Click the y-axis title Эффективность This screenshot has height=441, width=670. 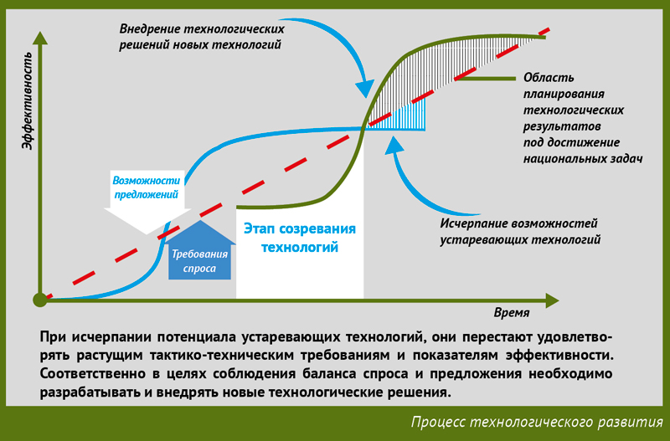[27, 100]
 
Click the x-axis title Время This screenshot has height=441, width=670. [512, 313]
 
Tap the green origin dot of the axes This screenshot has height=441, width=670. [39, 300]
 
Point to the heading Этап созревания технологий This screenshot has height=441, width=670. [300, 238]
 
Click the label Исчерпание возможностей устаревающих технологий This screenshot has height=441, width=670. [520, 232]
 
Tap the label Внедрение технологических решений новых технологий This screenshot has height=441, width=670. [202, 37]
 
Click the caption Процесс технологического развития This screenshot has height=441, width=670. [537, 423]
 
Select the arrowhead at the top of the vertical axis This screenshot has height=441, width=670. [39, 38]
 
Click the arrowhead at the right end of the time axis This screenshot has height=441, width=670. [552, 300]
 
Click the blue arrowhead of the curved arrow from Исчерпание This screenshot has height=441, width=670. [394, 144]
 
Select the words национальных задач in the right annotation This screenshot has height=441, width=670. [583, 159]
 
